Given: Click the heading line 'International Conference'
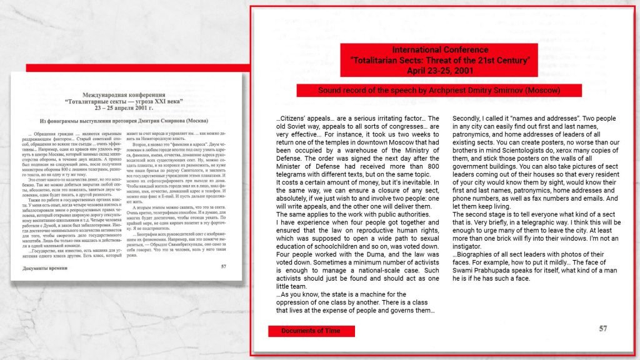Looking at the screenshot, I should point(440,50).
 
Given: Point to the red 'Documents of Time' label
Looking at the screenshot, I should point(311,331).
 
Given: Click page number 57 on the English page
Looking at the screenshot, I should point(602,329).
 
